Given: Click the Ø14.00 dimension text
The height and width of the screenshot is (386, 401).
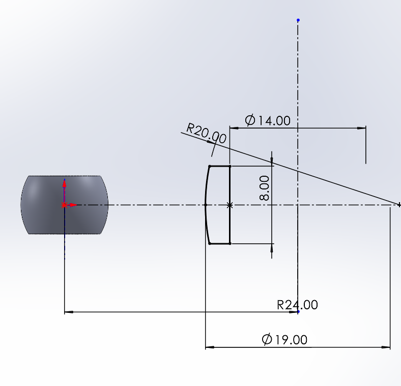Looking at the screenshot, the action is click(268, 120).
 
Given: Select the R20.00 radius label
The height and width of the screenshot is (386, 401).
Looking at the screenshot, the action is click(207, 133).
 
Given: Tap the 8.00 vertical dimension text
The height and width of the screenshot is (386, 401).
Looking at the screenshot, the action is click(265, 188).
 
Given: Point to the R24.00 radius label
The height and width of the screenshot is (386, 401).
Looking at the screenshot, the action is click(297, 305).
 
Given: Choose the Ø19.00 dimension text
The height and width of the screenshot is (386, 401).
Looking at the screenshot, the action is click(284, 340).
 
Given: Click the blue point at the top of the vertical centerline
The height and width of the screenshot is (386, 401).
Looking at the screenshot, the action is click(298, 20).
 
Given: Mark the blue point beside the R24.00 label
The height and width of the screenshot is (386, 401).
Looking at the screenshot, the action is click(298, 311).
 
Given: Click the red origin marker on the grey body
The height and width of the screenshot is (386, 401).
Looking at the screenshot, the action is click(64, 205).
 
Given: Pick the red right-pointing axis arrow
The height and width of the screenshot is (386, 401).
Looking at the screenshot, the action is click(72, 205).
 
